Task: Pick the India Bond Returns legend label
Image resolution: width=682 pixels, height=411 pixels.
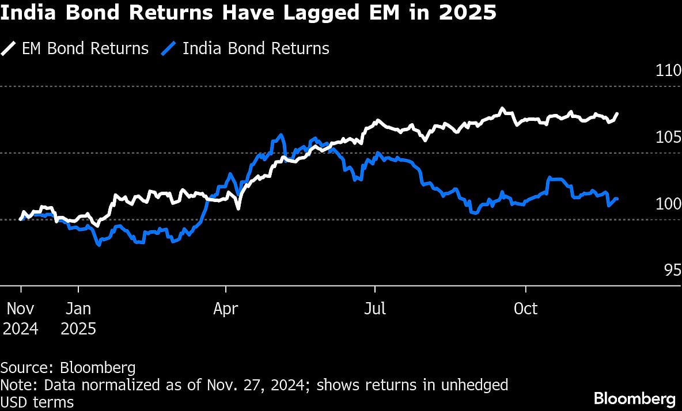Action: point(256,48)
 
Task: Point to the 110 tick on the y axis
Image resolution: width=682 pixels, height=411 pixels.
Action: point(668,71)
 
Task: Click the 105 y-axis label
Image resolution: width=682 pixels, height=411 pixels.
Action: point(668,138)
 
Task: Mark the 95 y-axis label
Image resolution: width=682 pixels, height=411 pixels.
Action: point(672,270)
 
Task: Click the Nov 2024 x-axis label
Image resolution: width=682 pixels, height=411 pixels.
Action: point(21,318)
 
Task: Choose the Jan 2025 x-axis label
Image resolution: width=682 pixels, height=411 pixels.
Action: point(78,318)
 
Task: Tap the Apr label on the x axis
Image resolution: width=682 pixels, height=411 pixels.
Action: point(226,309)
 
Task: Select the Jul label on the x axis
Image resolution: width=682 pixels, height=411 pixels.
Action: point(375,309)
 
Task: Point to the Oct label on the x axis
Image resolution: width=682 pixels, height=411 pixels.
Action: point(525,309)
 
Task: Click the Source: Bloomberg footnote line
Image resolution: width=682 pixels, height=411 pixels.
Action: point(68,368)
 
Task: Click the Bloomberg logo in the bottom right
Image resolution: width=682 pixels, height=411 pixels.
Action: point(634,398)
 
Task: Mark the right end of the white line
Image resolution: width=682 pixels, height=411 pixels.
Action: point(617,114)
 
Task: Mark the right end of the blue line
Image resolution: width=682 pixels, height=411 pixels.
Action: point(617,199)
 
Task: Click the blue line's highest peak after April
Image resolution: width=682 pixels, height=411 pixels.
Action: point(281,135)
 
